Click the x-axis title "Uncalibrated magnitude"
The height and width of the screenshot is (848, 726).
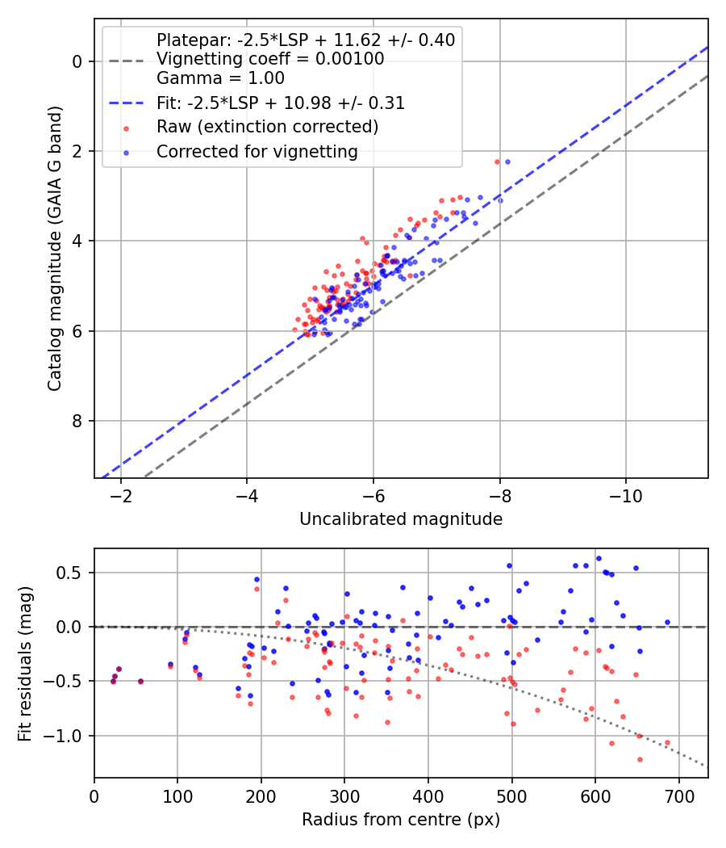pyautogui.click(x=401, y=519)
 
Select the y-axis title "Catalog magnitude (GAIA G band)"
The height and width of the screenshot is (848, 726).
pyautogui.click(x=55, y=248)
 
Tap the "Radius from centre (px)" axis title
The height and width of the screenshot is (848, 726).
pyautogui.click(x=401, y=820)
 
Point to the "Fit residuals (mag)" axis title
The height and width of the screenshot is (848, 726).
pyautogui.click(x=25, y=664)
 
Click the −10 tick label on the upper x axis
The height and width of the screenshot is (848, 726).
pyautogui.click(x=625, y=496)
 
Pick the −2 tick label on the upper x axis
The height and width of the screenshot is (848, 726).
pyautogui.click(x=120, y=496)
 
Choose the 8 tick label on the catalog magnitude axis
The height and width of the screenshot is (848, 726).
pyautogui.click(x=77, y=421)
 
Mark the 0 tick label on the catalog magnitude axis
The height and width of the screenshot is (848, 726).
pyautogui.click(x=77, y=61)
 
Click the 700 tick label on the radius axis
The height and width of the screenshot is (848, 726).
pyautogui.click(x=678, y=796)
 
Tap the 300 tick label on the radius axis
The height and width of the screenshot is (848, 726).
pyautogui.click(x=344, y=796)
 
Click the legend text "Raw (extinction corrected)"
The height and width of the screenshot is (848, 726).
pyautogui.click(x=267, y=127)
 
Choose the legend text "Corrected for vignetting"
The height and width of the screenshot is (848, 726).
pyautogui.click(x=257, y=152)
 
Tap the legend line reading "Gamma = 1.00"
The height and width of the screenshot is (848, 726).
pyautogui.click(x=220, y=78)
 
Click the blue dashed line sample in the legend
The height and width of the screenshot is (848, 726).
pyautogui.click(x=127, y=103)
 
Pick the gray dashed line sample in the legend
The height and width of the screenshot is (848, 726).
pyautogui.click(x=127, y=61)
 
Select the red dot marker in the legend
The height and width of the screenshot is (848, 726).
pyautogui.click(x=127, y=128)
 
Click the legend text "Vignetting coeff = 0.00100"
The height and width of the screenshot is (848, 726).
pyautogui.click(x=270, y=58)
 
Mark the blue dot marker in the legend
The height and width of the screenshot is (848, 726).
pyautogui.click(x=127, y=153)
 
